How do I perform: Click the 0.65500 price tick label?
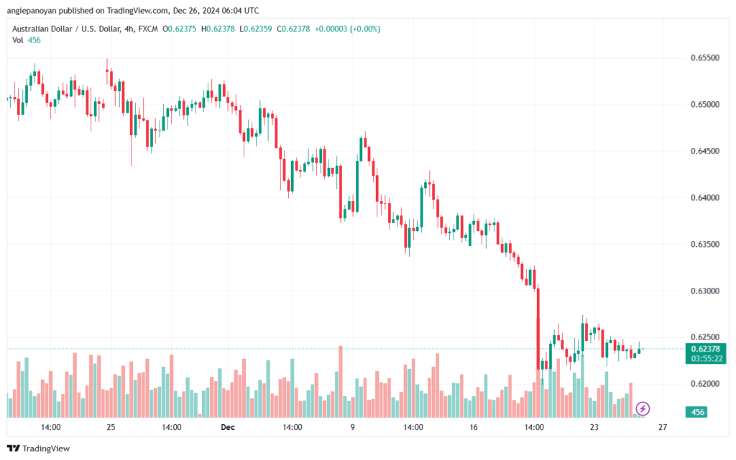pyautogui.click(x=704, y=57)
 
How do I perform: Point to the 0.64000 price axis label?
pyautogui.click(x=704, y=197)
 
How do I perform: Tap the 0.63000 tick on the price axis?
pyautogui.click(x=704, y=291)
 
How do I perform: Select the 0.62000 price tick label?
pyautogui.click(x=704, y=384)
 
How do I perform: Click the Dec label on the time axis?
pyautogui.click(x=228, y=427)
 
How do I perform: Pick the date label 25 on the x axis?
pyautogui.click(x=111, y=427)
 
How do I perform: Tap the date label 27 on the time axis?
pyautogui.click(x=662, y=427)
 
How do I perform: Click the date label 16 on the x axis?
pyautogui.click(x=473, y=427)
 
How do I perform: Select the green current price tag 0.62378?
pyautogui.click(x=706, y=349)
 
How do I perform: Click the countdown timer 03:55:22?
pyautogui.click(x=706, y=359)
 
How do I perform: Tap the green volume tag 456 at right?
pyautogui.click(x=697, y=412)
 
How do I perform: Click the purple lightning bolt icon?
pyautogui.click(x=643, y=409)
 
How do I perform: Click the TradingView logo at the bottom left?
pyautogui.click(x=39, y=449)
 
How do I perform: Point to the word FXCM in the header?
pyautogui.click(x=148, y=29)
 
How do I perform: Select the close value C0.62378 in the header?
pyautogui.click(x=293, y=29)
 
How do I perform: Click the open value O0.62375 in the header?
pyautogui.click(x=179, y=29)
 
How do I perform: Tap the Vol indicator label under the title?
pyautogui.click(x=18, y=40)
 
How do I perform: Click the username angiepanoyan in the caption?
pyautogui.click(x=32, y=10)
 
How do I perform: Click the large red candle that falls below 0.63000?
pyautogui.click(x=538, y=329)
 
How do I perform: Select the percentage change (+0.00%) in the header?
pyautogui.click(x=364, y=29)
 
